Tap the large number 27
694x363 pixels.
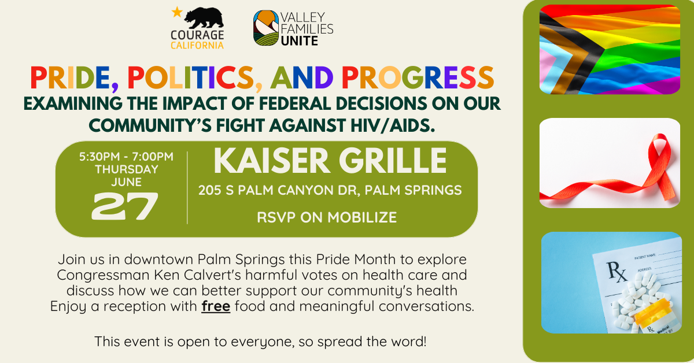(x=125, y=206)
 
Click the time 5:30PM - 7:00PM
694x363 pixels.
(x=126, y=157)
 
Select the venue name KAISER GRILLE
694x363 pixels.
(x=330, y=161)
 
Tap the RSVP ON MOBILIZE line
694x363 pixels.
(x=327, y=217)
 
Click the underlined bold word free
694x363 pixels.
(x=216, y=306)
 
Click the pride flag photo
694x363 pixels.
(x=610, y=49)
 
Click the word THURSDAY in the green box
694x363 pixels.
(x=126, y=169)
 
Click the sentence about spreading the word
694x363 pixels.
(x=260, y=341)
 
